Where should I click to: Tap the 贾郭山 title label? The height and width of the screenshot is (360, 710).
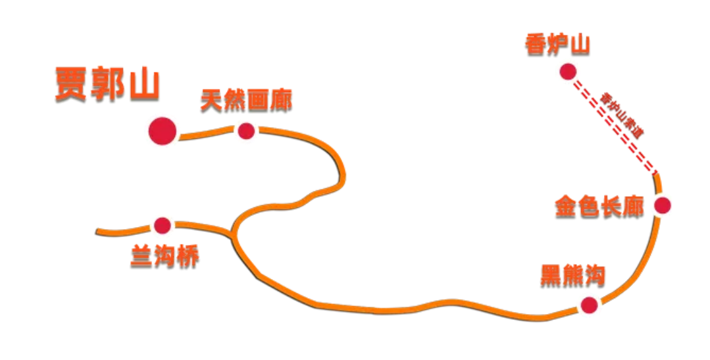[x=107, y=84]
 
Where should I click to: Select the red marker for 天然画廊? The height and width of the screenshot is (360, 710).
[x=246, y=131]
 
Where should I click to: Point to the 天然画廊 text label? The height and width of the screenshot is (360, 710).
[x=246, y=101]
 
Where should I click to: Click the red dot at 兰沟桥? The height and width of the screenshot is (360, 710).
[x=162, y=226]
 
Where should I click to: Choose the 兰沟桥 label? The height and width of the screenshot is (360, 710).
[x=165, y=257]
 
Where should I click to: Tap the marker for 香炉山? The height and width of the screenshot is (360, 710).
[x=567, y=71]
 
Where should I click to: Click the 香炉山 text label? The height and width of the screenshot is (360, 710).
[x=557, y=45]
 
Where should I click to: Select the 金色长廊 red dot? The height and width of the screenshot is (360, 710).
[x=662, y=205]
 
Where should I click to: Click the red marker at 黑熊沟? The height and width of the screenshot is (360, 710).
[x=588, y=305]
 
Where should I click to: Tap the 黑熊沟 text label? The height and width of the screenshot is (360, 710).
[x=572, y=275]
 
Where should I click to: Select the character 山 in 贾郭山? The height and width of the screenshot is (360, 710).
[x=144, y=84]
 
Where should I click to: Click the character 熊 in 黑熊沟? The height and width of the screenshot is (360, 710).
[x=572, y=275]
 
